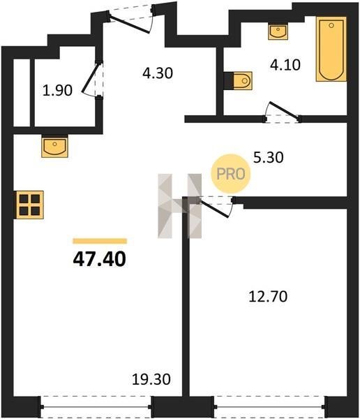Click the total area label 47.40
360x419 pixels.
tap(99, 259)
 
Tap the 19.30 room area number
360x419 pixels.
tap(151, 379)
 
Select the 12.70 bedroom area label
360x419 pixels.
tap(268, 296)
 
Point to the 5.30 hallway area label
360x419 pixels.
tap(269, 157)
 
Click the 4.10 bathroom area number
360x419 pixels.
tap(285, 65)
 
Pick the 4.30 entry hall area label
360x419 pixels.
tap(158, 73)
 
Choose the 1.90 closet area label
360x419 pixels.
tap(57, 90)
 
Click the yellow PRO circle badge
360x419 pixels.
tap(231, 174)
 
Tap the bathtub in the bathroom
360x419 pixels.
tap(331, 49)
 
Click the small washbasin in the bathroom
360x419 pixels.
tap(278, 31)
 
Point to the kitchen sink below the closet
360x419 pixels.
tap(54, 147)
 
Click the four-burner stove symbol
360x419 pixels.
tap(29, 205)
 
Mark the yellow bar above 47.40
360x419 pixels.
tap(100, 241)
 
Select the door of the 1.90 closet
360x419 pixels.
tap(92, 79)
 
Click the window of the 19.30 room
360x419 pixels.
tap(96, 406)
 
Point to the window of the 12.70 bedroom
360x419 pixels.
tap(270, 406)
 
